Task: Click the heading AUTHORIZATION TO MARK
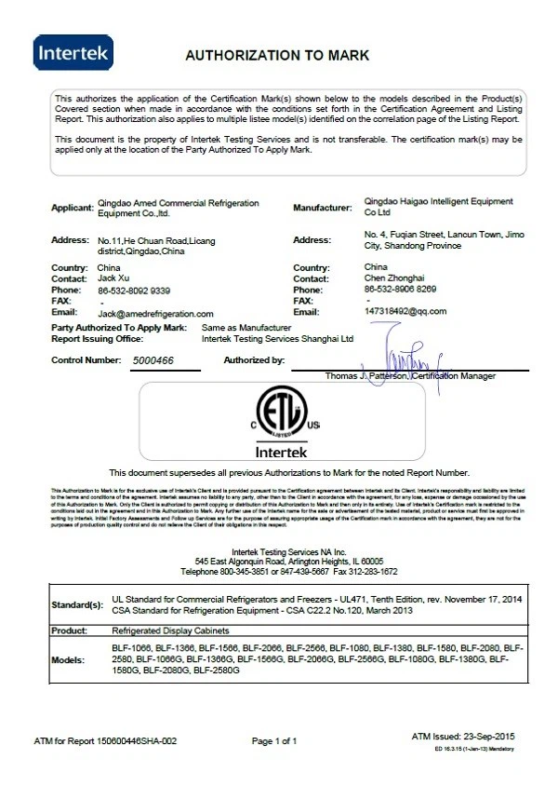click(x=278, y=55)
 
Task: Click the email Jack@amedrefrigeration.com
click(x=156, y=314)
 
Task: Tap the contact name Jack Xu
click(x=114, y=278)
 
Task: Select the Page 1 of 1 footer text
click(x=274, y=741)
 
